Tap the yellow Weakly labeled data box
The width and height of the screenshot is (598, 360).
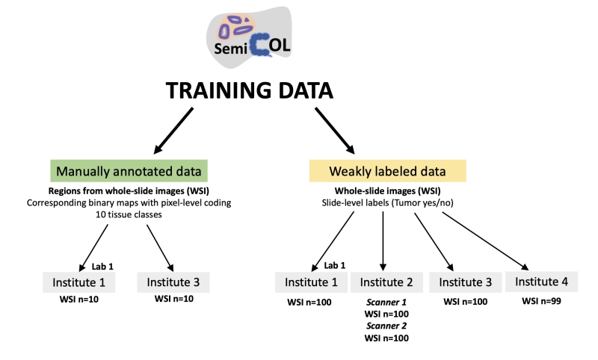point(388,171)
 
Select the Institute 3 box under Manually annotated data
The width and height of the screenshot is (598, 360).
point(173,282)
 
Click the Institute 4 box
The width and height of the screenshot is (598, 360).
point(541,282)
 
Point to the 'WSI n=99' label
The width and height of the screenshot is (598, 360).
point(540,302)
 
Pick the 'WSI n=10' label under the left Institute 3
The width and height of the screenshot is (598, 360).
point(173,302)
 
